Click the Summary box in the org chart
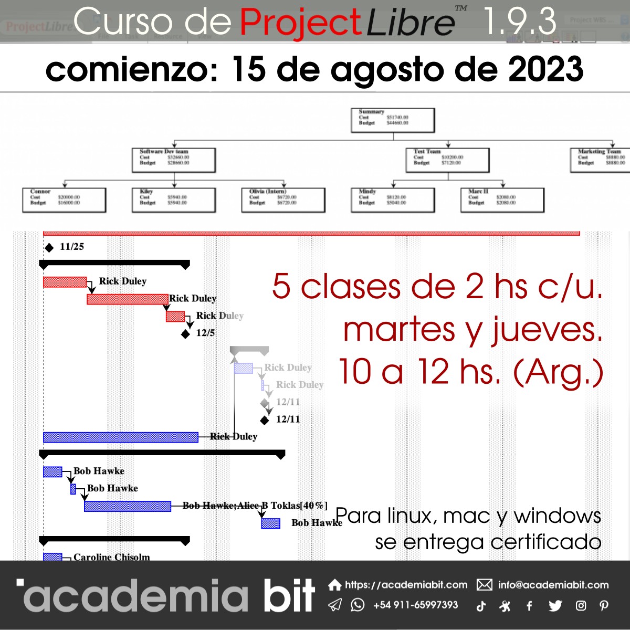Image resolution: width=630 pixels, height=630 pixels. click(x=393, y=120)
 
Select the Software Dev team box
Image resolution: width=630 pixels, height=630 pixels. click(x=174, y=160)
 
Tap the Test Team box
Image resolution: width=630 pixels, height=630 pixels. click(x=447, y=160)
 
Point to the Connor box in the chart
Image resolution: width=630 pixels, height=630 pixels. click(x=64, y=200)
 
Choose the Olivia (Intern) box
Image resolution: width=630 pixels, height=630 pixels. click(x=283, y=200)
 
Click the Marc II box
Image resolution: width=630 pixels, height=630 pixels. click(x=502, y=200)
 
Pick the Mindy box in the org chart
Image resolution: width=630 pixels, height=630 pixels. click(x=393, y=200)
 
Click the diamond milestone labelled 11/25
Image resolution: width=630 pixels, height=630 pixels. click(x=49, y=247)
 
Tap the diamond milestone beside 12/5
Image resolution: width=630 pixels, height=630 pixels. click(x=185, y=334)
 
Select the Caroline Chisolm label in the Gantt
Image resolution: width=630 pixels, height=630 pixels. click(x=111, y=556)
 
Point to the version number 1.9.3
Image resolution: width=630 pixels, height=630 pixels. click(x=519, y=22)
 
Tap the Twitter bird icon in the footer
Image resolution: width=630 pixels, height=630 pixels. click(x=555, y=606)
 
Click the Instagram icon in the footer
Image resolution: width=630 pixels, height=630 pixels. click(x=581, y=606)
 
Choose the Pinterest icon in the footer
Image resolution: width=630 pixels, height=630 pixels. click(x=604, y=606)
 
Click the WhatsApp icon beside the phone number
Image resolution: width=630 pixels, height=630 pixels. click(x=358, y=605)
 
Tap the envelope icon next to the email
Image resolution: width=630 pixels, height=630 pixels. click(x=484, y=585)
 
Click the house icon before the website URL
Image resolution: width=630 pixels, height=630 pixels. click(x=334, y=585)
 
